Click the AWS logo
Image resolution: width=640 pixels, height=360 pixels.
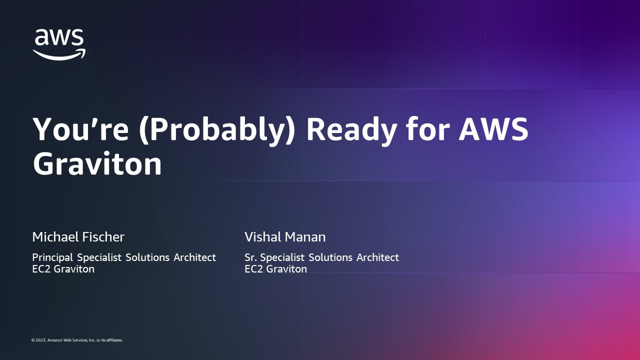click(59, 44)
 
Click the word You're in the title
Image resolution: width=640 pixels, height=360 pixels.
click(81, 128)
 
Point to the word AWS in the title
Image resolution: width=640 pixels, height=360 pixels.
click(493, 129)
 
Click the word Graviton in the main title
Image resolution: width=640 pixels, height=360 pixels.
click(97, 163)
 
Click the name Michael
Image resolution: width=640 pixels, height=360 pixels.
click(55, 237)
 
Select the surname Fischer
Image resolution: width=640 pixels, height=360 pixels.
click(103, 237)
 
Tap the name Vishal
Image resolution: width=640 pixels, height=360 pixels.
click(263, 237)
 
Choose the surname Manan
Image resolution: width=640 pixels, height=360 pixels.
click(305, 237)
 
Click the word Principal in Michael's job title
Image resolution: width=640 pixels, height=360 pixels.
click(52, 257)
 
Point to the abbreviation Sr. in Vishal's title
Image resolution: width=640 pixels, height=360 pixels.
click(250, 257)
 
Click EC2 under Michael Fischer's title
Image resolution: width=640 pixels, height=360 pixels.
click(41, 269)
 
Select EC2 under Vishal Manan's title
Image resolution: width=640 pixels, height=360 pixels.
click(254, 269)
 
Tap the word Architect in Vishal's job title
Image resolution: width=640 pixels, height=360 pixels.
click(377, 257)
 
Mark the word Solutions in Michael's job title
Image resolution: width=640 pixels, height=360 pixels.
click(147, 257)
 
